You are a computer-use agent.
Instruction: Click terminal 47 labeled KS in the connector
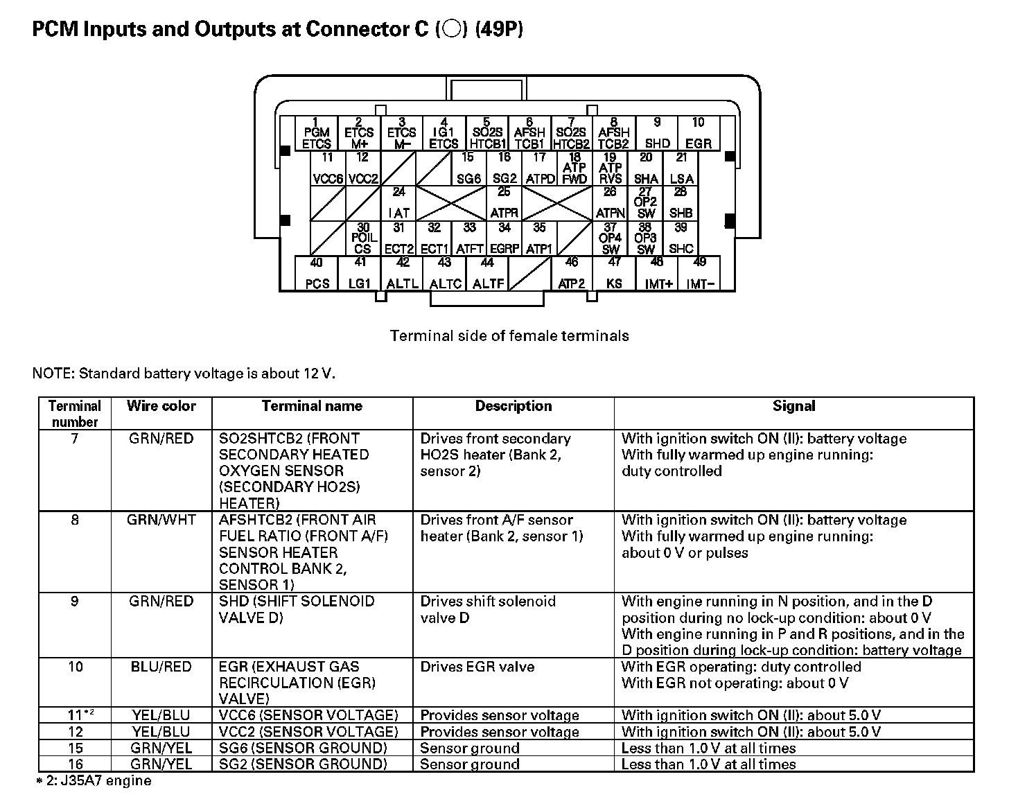(614, 274)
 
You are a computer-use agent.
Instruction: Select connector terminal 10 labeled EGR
(698, 133)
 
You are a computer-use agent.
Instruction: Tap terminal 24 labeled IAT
(399, 203)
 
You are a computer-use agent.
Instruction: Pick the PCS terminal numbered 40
(317, 274)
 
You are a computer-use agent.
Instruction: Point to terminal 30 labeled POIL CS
(363, 238)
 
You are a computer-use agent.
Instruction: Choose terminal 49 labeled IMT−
(700, 274)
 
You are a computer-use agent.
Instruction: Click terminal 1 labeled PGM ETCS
(317, 133)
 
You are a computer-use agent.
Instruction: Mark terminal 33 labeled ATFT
(470, 238)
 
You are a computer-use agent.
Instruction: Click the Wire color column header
(161, 406)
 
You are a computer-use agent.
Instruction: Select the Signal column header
(793, 406)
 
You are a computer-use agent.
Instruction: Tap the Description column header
(514, 406)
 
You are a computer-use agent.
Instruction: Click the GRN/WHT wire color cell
(161, 520)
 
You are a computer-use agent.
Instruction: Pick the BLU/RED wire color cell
(161, 667)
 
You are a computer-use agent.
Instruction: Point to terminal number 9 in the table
(75, 602)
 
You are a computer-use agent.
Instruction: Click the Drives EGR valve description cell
(477, 667)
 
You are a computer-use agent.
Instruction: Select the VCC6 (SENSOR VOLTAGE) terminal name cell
(308, 715)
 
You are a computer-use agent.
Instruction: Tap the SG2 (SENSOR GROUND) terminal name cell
(303, 764)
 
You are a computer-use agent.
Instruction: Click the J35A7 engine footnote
(94, 781)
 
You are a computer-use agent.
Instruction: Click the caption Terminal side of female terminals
(509, 336)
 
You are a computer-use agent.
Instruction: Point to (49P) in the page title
(499, 30)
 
